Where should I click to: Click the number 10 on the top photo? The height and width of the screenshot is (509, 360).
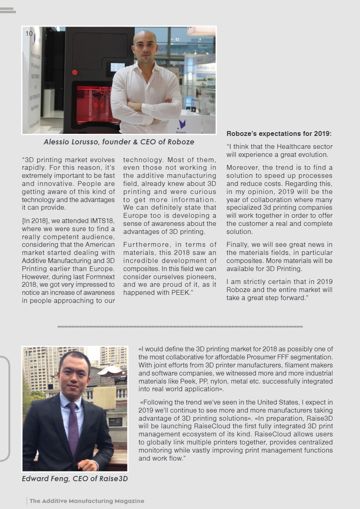29,33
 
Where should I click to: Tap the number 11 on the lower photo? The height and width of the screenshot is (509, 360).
28,353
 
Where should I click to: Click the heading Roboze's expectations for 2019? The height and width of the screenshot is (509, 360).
279,134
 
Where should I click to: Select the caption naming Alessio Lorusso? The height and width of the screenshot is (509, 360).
119,142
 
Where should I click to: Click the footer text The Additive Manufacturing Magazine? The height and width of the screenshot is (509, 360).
87,501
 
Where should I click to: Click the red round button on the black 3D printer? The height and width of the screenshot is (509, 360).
75,72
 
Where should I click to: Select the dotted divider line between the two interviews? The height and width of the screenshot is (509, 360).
180,326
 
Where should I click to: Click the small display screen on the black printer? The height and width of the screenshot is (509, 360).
118,67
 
